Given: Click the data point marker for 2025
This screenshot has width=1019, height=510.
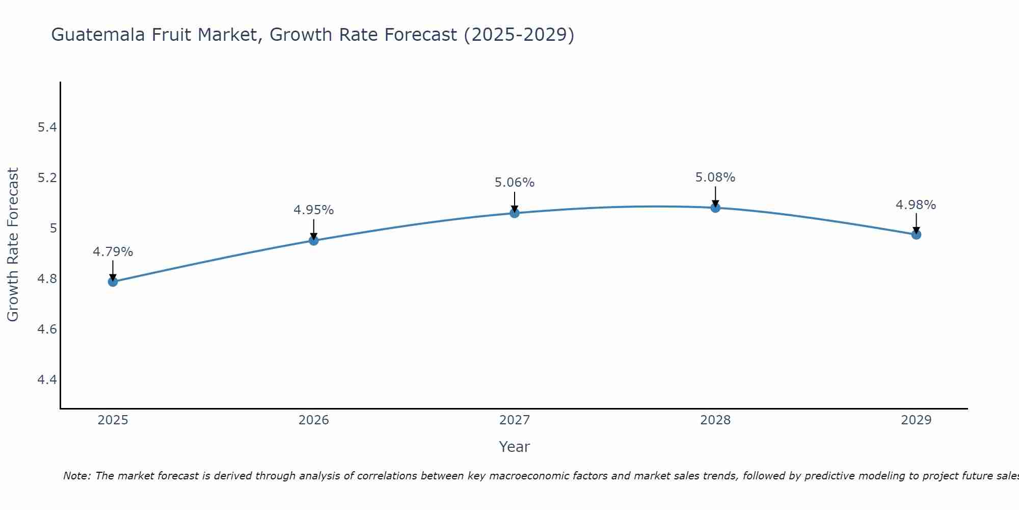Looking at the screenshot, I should click(x=113, y=282).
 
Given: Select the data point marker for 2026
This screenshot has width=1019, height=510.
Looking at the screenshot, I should click(x=314, y=240).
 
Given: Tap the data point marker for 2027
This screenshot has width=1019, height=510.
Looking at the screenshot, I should click(x=515, y=213).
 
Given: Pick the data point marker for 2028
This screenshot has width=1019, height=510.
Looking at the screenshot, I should click(x=715, y=208).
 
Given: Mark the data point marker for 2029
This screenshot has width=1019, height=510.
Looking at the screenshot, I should click(x=916, y=235).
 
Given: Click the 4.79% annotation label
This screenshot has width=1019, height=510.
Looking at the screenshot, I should click(x=113, y=252).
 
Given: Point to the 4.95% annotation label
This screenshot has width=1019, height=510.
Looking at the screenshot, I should click(x=314, y=210).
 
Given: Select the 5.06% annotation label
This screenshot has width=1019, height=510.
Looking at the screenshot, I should click(x=515, y=183).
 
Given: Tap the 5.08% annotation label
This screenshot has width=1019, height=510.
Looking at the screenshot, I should click(x=715, y=177).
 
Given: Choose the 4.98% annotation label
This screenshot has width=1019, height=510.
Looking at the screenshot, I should click(x=916, y=205).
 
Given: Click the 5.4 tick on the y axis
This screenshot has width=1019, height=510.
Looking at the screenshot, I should click(x=47, y=127).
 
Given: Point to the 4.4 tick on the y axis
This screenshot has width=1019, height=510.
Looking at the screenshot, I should click(x=47, y=380).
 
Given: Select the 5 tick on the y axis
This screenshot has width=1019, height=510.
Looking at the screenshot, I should click(x=53, y=228).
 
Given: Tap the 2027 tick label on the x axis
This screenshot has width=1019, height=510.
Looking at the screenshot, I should click(x=515, y=420).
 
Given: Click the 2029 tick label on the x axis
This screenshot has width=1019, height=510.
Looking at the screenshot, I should click(x=916, y=420).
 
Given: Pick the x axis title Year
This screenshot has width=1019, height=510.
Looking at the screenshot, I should click(x=515, y=447).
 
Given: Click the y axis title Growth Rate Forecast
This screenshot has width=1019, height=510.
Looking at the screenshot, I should click(x=13, y=244).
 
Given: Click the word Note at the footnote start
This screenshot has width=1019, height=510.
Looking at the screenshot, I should click(x=76, y=476).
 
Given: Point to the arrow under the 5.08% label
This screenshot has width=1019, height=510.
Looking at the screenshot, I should click(x=715, y=196).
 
